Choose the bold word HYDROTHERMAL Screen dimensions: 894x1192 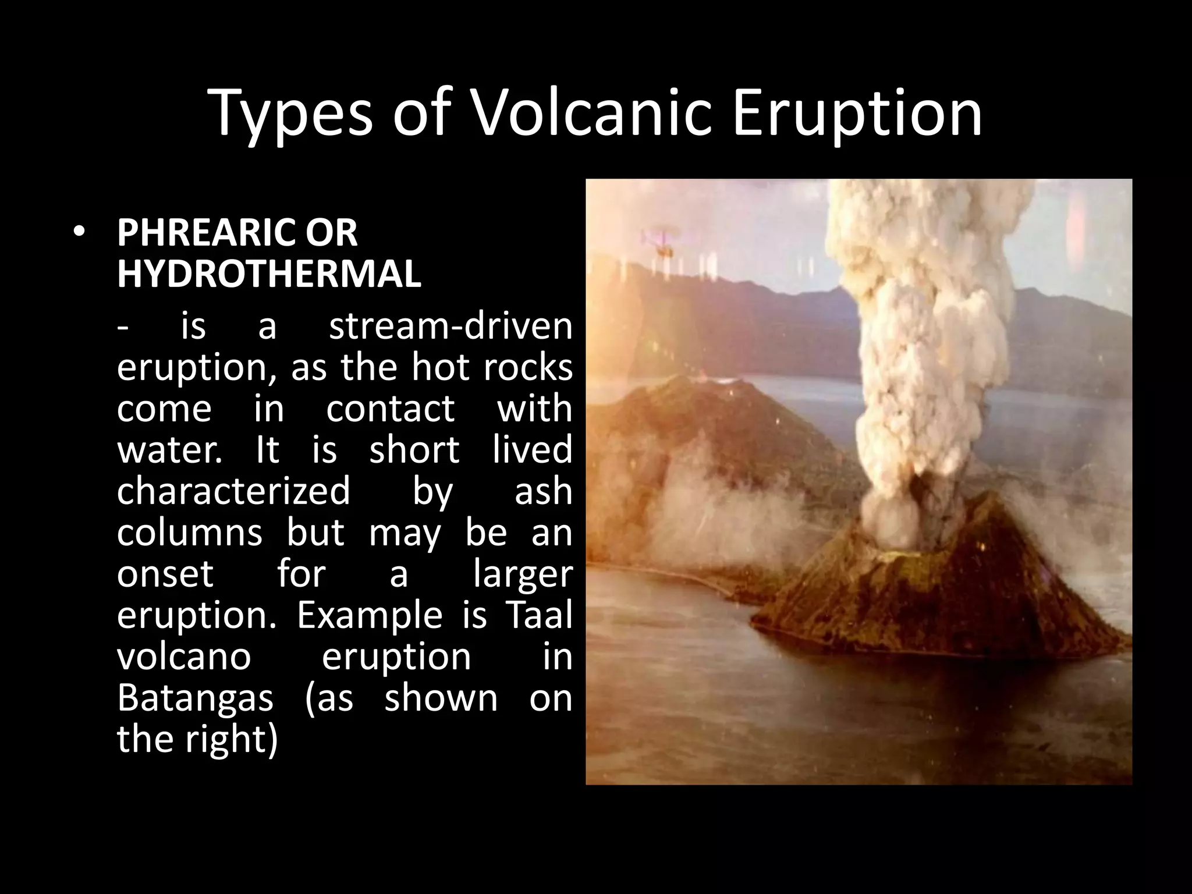coord(269,274)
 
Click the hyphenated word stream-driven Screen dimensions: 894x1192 coord(450,326)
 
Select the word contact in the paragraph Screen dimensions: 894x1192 coord(390,409)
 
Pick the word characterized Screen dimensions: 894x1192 coord(233,491)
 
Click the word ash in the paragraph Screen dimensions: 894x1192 coord(543,491)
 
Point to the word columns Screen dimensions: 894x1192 coord(189,533)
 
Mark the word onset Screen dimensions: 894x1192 coord(165,573)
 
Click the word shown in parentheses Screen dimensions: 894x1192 coord(441,697)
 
